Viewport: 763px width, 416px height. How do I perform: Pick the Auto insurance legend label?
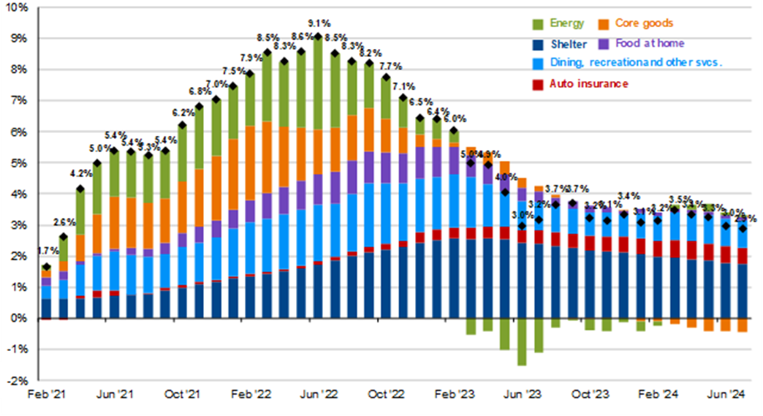pyautogui.click(x=590, y=84)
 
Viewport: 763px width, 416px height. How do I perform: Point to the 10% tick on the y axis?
pyautogui.click(x=17, y=7)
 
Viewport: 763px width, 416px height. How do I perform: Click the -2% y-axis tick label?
pyautogui.click(x=18, y=381)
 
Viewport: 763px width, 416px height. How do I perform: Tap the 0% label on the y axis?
pyautogui.click(x=20, y=319)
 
